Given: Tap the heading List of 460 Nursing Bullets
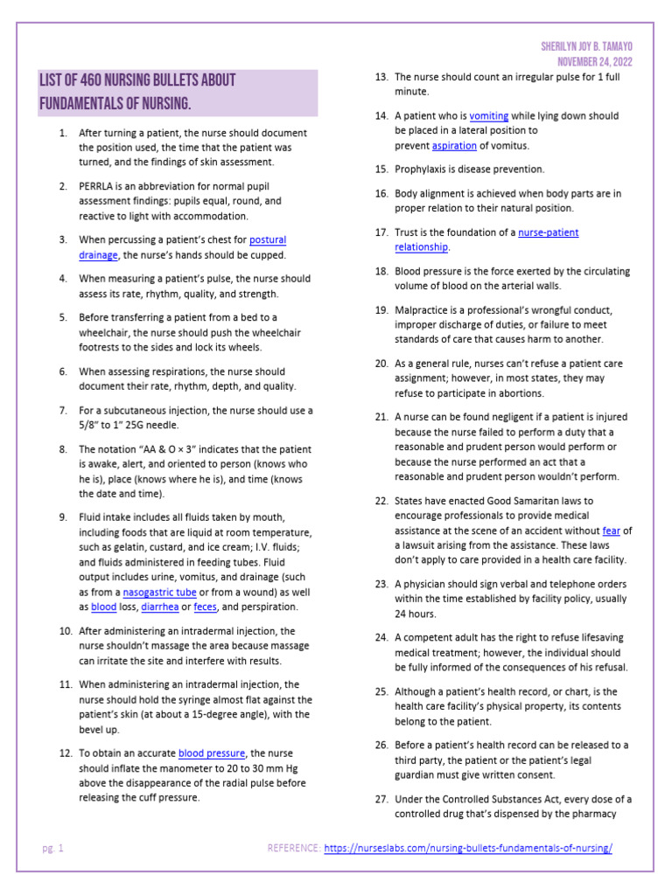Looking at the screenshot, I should tap(137, 80).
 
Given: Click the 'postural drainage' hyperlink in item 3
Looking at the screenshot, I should tap(268, 239).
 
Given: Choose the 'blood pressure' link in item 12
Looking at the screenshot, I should tap(211, 753).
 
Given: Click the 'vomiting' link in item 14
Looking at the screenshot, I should tap(488, 115).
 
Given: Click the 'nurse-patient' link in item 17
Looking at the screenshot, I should tap(548, 232).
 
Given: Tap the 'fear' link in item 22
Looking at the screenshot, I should tap(612, 531).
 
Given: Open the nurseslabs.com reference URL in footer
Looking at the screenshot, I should tap(468, 848).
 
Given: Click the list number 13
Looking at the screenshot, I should tap(381, 77).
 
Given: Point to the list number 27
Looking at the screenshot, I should tap(381, 799).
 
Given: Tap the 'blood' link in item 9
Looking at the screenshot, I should tap(104, 607).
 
